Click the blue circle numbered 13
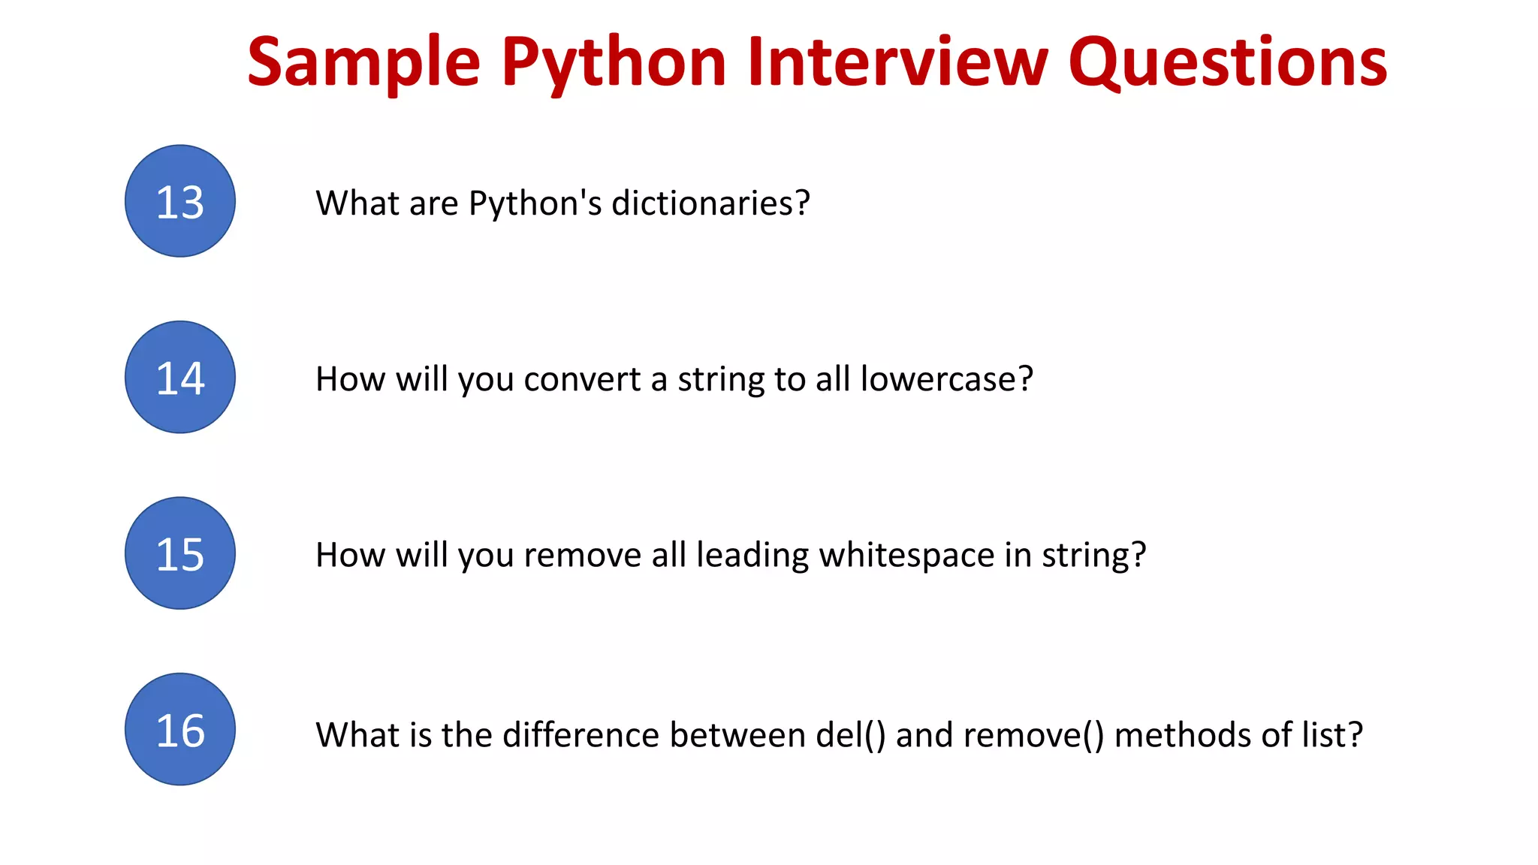180,201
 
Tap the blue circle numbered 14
180,377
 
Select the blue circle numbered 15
180,553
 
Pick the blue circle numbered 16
180,729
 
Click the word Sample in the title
363,63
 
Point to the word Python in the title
614,63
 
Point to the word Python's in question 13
535,203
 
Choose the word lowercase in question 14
946,379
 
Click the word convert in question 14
582,379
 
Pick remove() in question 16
1033,735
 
